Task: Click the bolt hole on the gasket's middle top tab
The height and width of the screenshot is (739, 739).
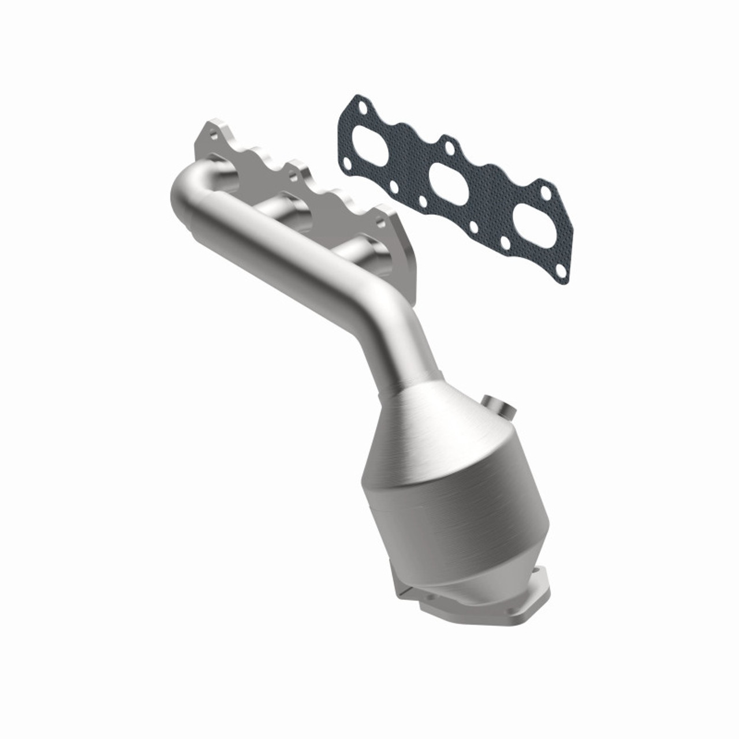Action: click(x=450, y=148)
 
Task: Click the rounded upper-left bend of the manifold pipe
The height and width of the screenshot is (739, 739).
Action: click(x=191, y=185)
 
